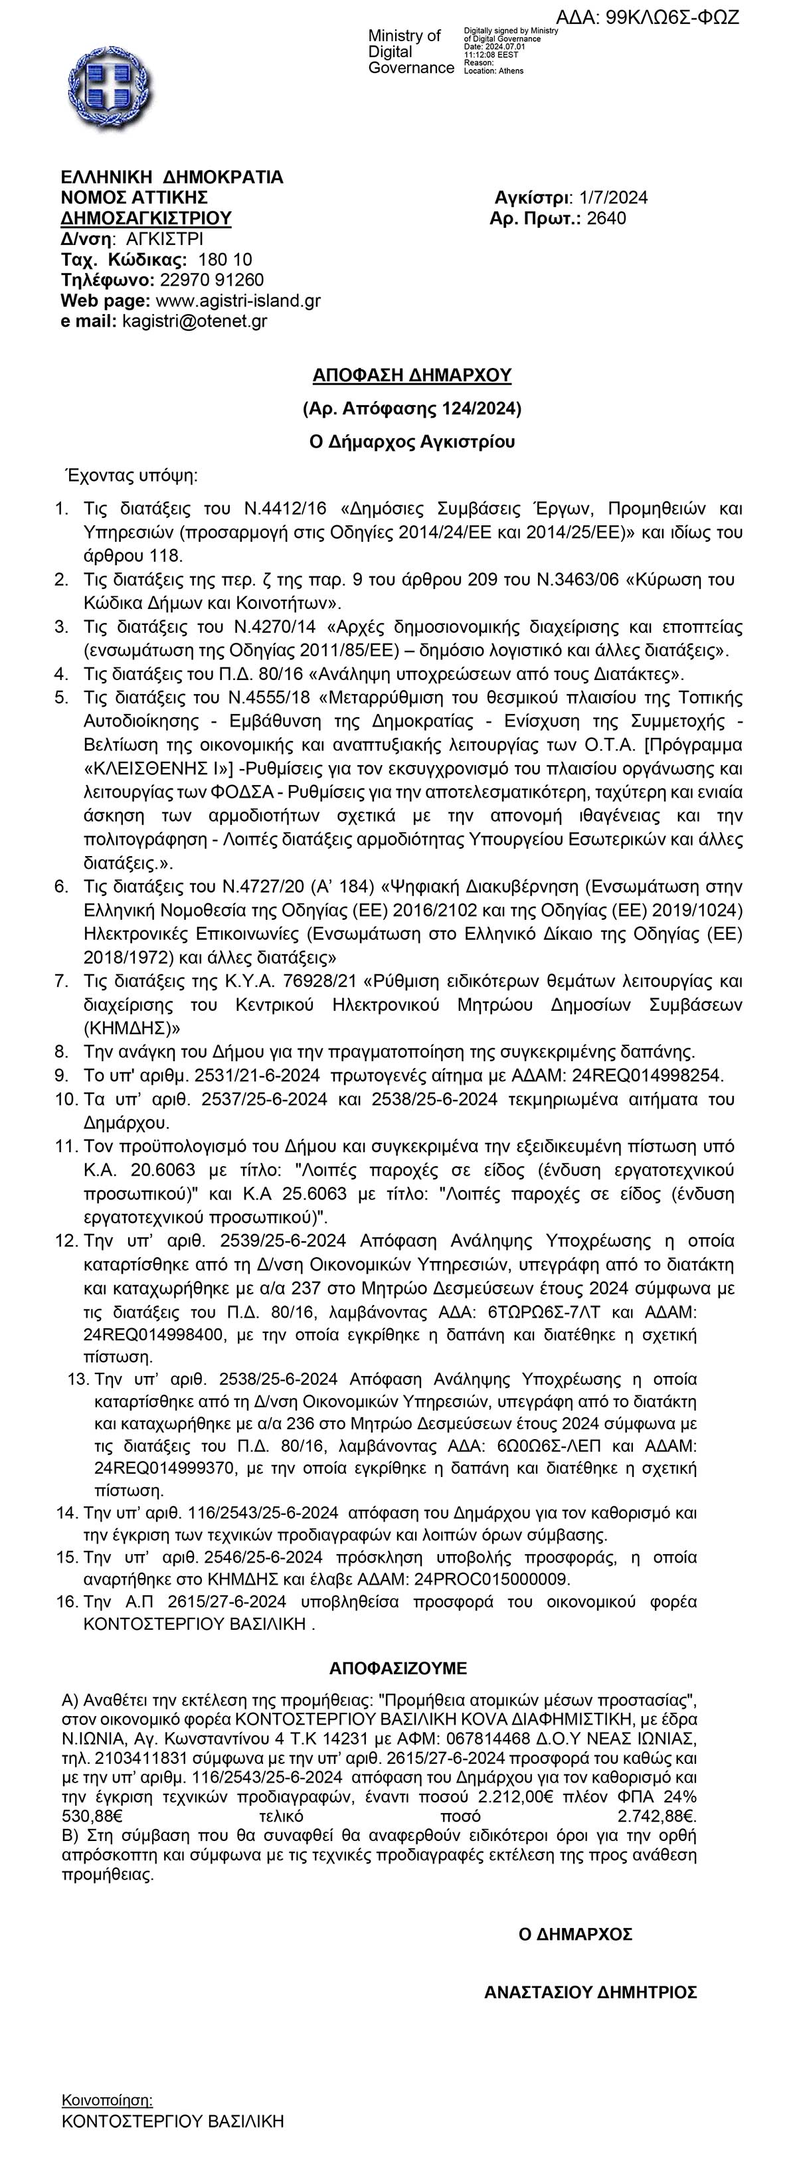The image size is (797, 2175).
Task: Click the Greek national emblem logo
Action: (x=109, y=88)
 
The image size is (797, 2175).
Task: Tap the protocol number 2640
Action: (x=606, y=218)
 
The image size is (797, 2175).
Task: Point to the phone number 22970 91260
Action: (x=212, y=280)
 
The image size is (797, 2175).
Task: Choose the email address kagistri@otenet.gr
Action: (x=195, y=321)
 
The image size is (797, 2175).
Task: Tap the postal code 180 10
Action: (x=225, y=259)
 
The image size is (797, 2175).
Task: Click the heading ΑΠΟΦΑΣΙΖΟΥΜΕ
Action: (x=398, y=1668)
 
